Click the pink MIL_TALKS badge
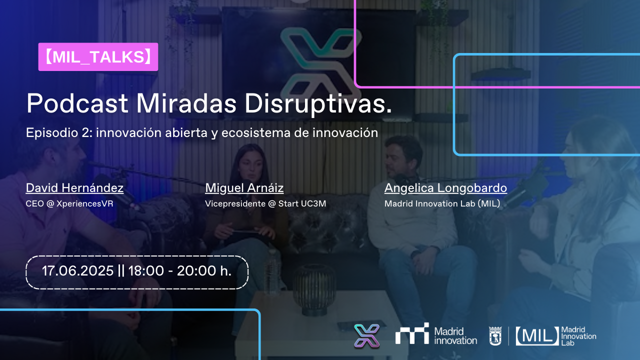point(98,57)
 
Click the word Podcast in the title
point(77,103)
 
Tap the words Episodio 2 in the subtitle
point(59,133)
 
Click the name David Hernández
point(74,188)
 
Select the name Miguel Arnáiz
point(244,188)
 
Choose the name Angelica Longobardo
point(445,188)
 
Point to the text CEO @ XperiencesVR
point(69,203)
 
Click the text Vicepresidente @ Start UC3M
point(265,203)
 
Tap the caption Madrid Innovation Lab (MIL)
point(442,203)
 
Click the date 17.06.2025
point(77,271)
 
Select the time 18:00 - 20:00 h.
point(179,271)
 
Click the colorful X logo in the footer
point(367,336)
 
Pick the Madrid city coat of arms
point(495,336)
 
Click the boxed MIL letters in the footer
point(537,336)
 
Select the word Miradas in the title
point(186,103)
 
